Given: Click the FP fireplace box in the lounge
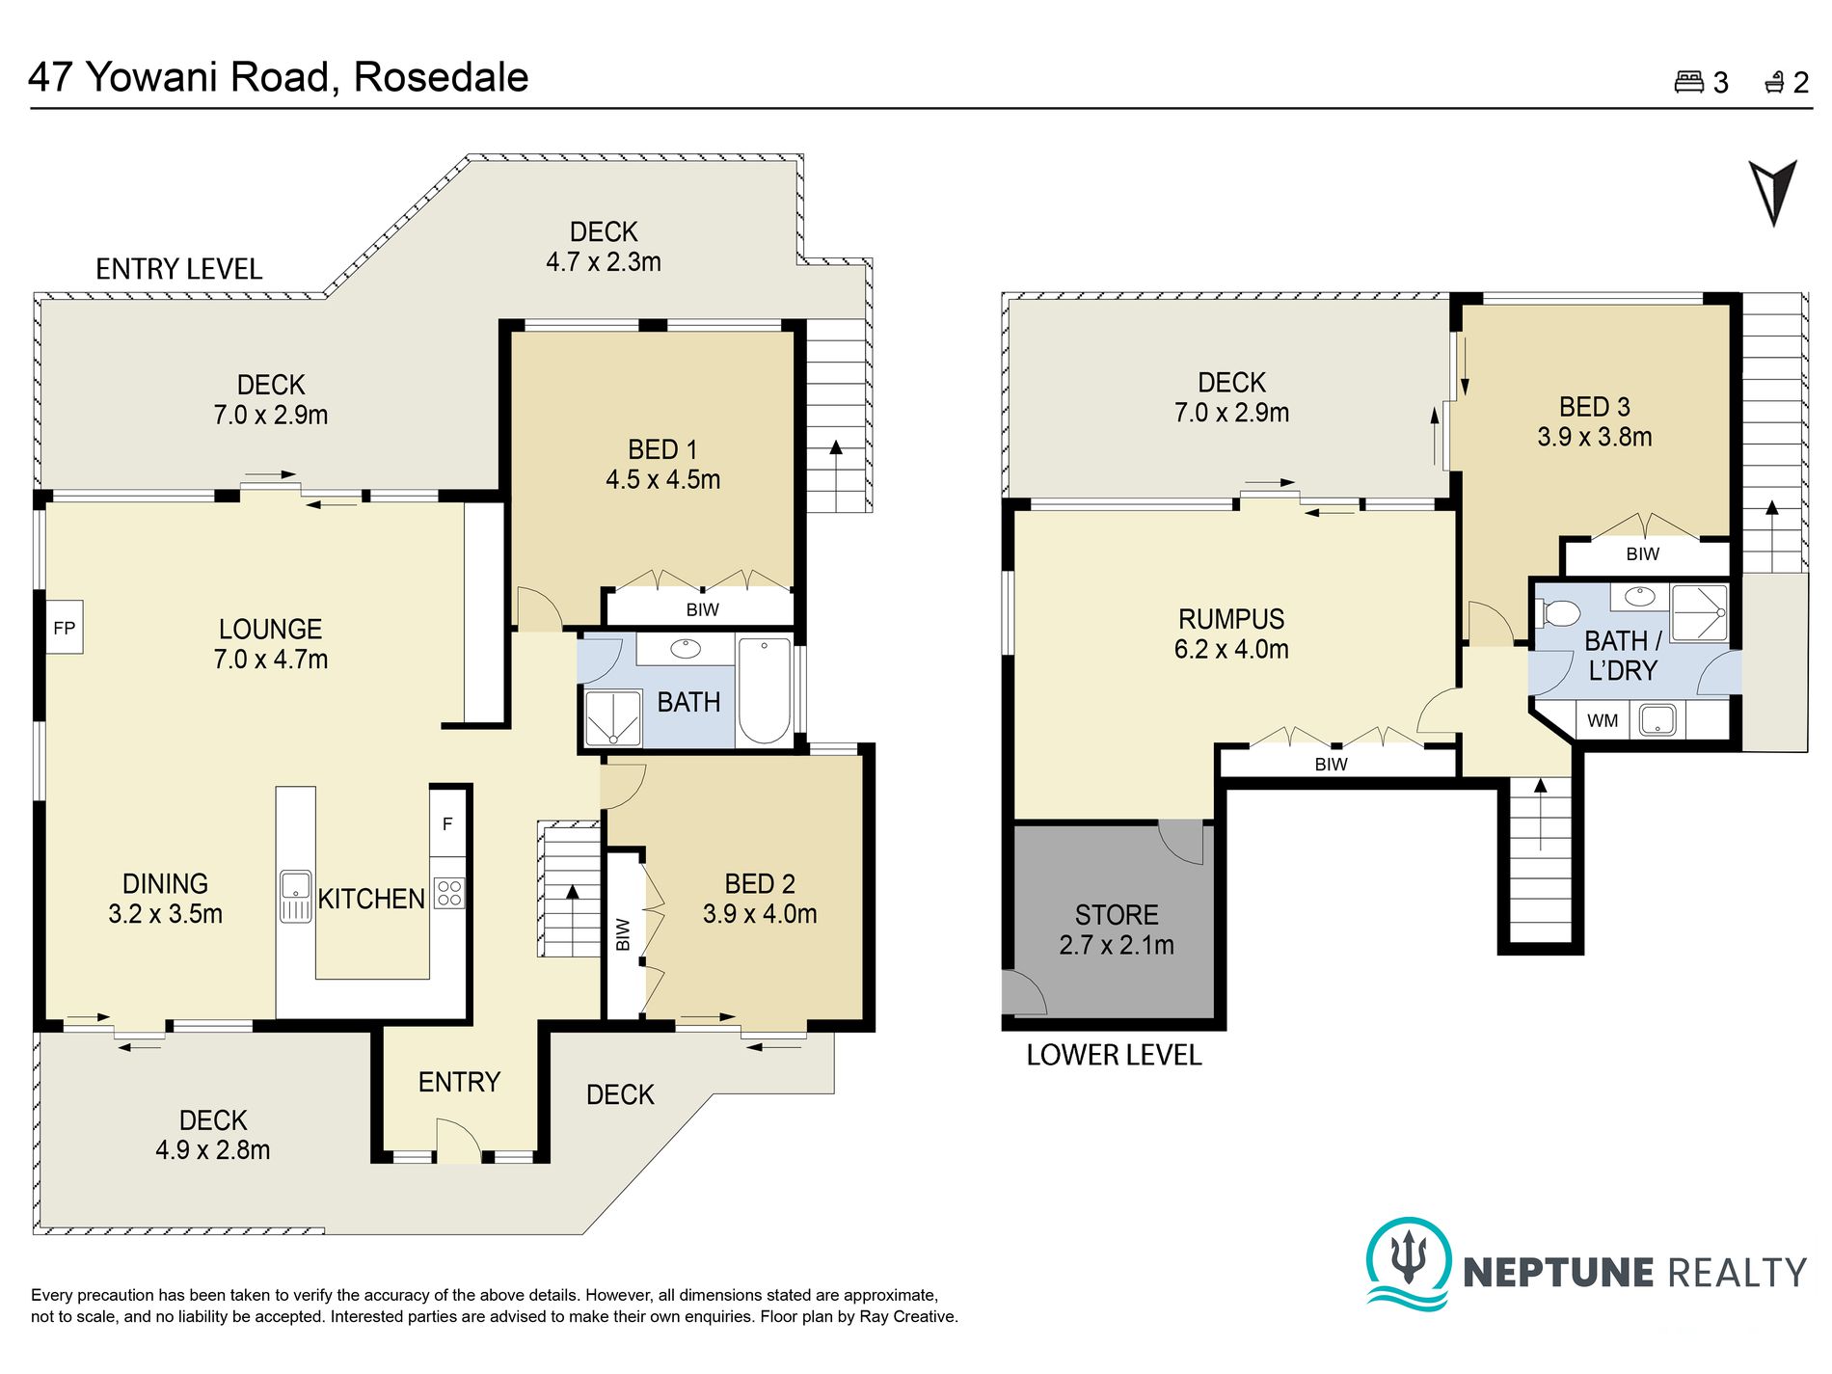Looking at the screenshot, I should [64, 628].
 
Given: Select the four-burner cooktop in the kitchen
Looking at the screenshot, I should [449, 893].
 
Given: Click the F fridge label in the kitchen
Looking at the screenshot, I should [447, 823].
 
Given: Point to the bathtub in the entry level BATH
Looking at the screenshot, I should [765, 689].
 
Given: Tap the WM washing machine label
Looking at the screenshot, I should [1603, 720].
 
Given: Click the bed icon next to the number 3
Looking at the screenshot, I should [1688, 82].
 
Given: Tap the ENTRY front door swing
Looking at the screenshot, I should [458, 1141].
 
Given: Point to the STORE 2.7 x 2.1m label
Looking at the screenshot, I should [1117, 929].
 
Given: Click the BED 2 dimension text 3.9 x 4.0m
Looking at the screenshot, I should [760, 914].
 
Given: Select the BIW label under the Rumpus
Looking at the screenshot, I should [1331, 765].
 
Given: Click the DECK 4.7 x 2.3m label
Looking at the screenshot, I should [604, 247].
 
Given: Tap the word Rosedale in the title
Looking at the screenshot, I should [442, 77].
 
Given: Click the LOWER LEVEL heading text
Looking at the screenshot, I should [1114, 1055].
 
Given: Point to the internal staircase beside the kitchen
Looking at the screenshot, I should [570, 889].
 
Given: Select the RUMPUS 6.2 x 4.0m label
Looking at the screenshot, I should [1231, 633].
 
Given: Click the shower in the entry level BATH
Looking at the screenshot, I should [613, 717].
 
